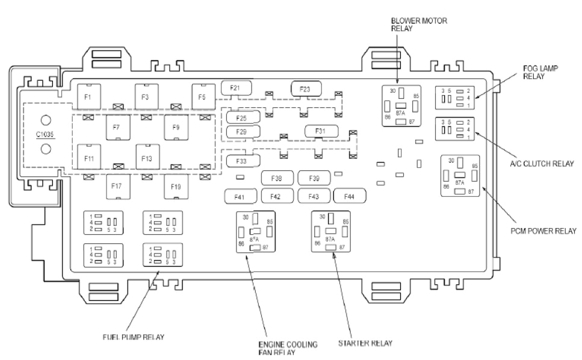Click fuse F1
pyautogui.click(x=88, y=96)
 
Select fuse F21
pyautogui.click(x=235, y=88)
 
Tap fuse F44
pyautogui.click(x=349, y=196)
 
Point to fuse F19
pyautogui.click(x=175, y=187)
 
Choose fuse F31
pyautogui.click(x=320, y=131)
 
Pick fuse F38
pyautogui.click(x=276, y=178)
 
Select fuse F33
pyautogui.click(x=241, y=161)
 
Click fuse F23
pyautogui.click(x=306, y=89)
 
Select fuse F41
pyautogui.click(x=240, y=196)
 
